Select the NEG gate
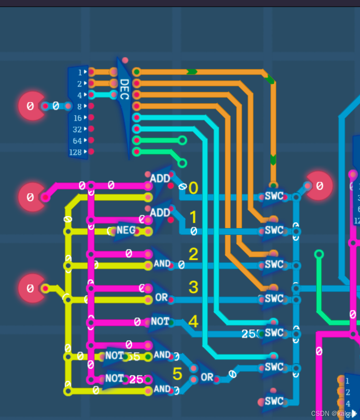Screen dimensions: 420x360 tap(126, 230)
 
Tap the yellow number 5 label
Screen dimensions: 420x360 tap(177, 373)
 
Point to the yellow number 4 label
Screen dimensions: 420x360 tap(193, 322)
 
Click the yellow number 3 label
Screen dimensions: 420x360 tap(193, 287)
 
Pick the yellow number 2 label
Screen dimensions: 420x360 tap(193, 254)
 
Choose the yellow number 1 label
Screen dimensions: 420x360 tap(193, 217)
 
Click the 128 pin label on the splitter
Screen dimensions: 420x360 tap(75, 152)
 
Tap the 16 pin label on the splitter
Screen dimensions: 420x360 tap(77, 118)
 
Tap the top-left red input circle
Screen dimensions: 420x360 tap(31, 106)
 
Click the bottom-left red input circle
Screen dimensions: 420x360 tap(31, 288)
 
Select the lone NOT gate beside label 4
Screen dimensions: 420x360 tap(160, 322)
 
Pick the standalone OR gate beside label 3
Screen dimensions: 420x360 tap(162, 297)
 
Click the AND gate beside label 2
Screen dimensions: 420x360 tap(162, 264)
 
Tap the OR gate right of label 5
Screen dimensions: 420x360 tap(207, 377)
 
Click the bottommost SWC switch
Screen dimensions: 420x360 tap(274, 401)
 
